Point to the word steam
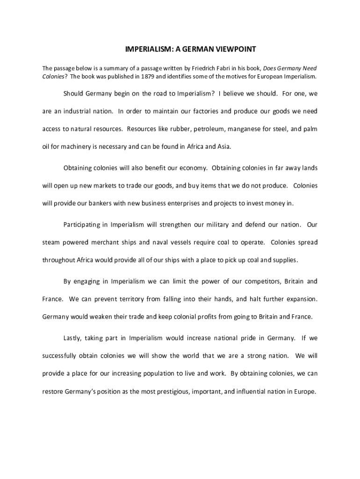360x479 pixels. click(51, 242)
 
